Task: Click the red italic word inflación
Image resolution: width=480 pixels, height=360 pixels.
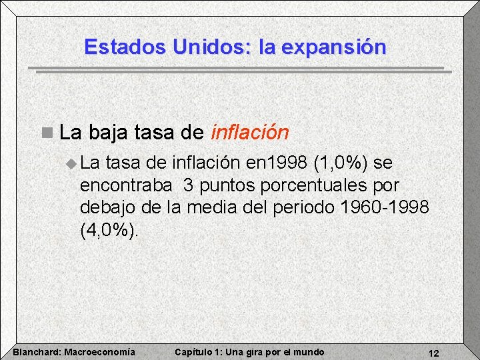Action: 249,133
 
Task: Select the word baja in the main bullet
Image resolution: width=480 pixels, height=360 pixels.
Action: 107,133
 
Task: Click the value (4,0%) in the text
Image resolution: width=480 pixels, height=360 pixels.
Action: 110,230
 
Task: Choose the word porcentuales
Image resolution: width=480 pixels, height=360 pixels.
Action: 317,185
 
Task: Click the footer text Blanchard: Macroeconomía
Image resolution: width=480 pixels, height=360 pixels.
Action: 74,352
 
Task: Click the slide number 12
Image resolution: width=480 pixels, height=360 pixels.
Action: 433,353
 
